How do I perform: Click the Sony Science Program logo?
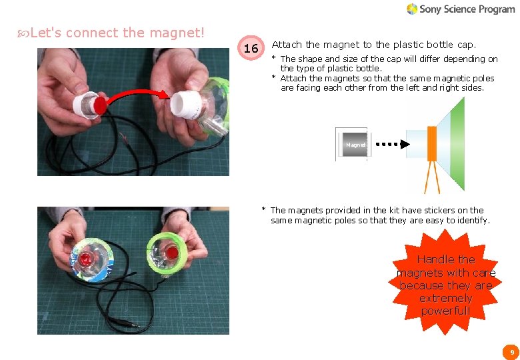[460, 9]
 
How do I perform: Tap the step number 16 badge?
[251, 49]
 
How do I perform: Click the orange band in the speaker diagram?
[431, 144]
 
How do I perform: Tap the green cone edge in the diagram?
[457, 143]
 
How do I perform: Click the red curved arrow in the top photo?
[137, 94]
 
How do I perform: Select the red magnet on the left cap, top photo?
[101, 105]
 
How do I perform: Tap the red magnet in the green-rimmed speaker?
[176, 252]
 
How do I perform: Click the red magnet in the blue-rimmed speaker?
[87, 258]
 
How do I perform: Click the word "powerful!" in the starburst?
[445, 311]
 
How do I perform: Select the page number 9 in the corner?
[511, 351]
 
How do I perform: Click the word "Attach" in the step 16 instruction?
[287, 45]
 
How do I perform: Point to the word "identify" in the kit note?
[471, 220]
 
